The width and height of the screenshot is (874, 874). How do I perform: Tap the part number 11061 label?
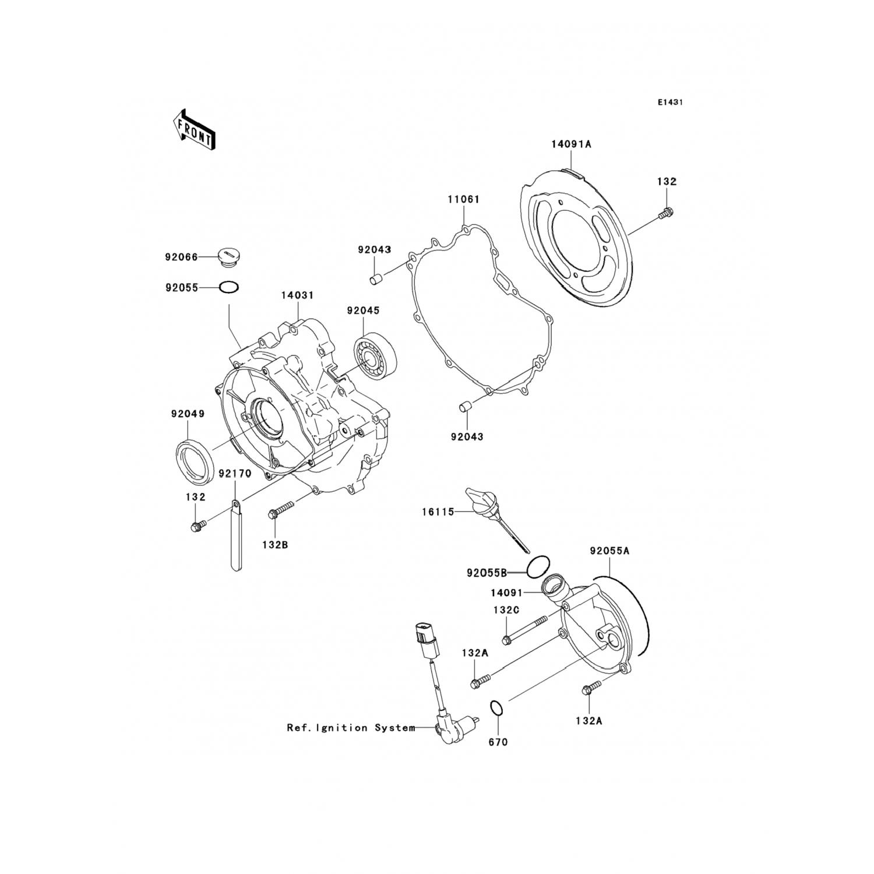coord(463,199)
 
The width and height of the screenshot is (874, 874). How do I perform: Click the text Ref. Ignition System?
coord(351,728)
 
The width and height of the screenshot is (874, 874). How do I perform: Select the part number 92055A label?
coord(609,551)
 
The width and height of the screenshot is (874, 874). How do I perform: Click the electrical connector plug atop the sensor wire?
coord(424,639)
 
